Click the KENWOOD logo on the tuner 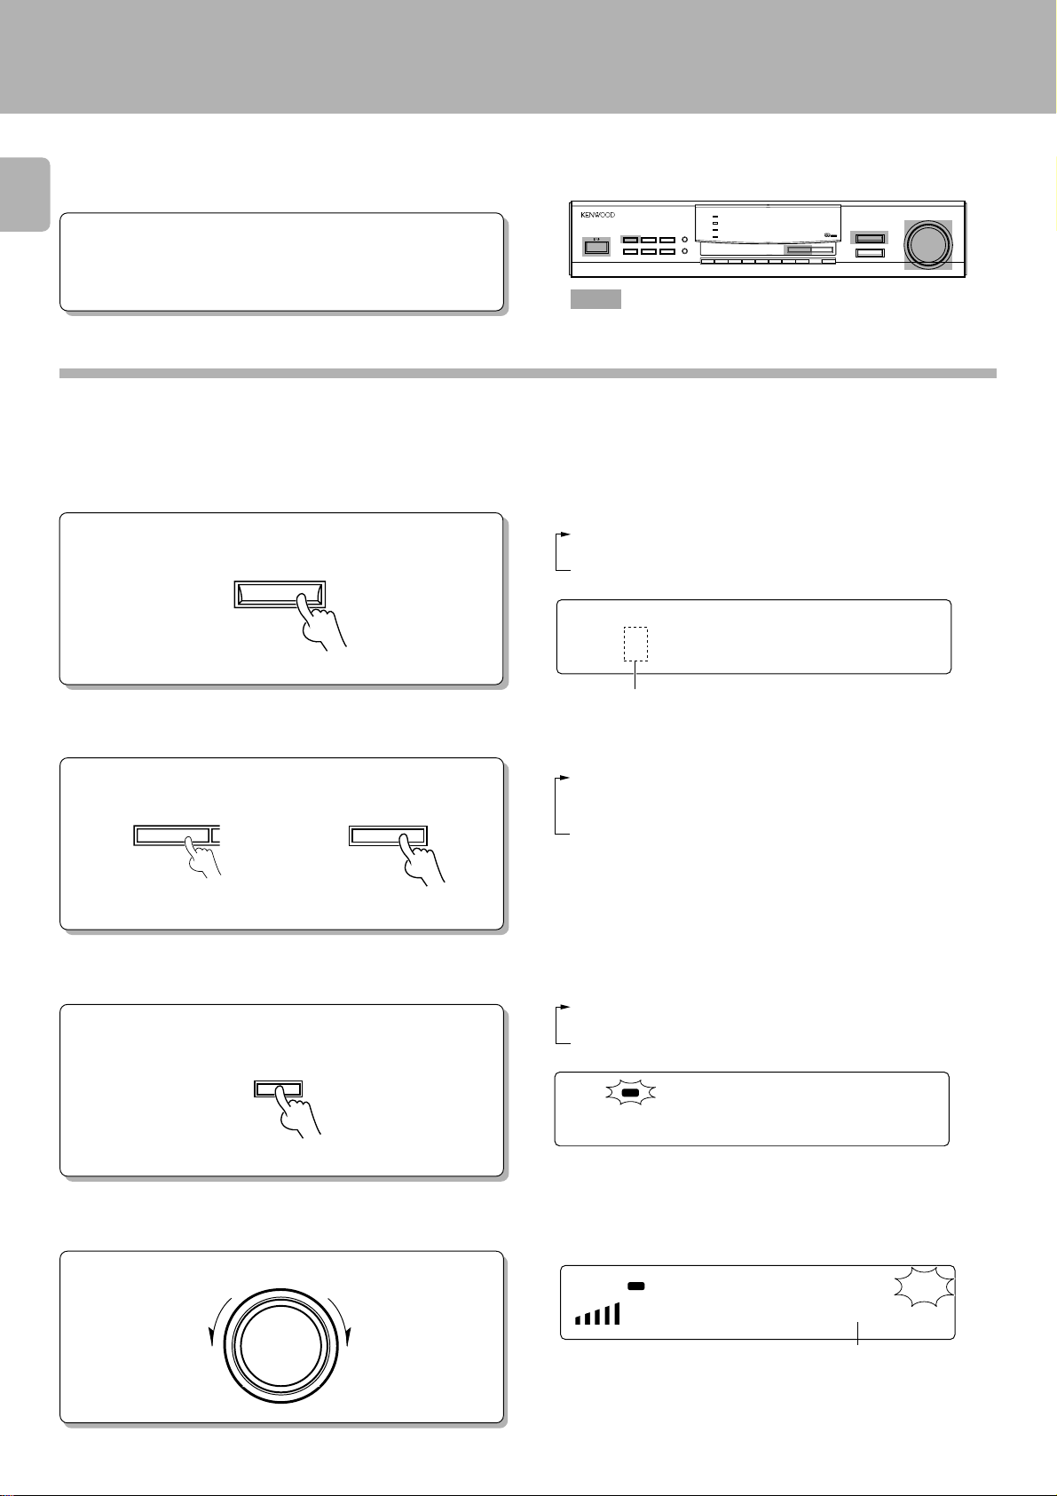597,215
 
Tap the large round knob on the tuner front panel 927,244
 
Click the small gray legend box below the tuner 596,299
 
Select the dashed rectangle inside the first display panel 635,644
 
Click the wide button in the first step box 280,594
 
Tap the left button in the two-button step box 177,835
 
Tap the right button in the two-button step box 388,835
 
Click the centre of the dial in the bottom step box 280,1346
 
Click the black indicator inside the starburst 630,1093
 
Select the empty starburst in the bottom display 924,1287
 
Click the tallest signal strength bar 616,1313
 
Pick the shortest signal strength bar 579,1320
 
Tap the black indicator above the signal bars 635,1286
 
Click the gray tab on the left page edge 25,194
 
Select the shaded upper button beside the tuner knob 870,238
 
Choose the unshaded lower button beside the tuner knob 870,253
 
